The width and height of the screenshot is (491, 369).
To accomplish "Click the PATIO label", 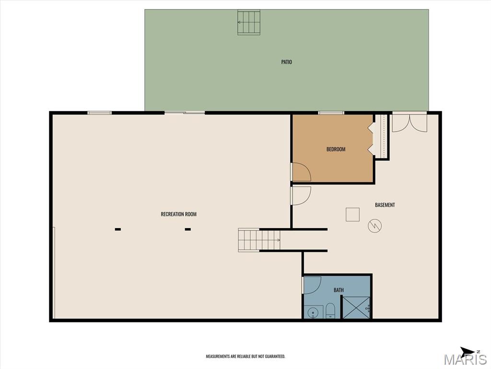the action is (287, 62).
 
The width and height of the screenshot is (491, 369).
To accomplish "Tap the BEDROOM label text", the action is (336, 149).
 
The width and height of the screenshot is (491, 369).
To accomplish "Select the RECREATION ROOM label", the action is (178, 214).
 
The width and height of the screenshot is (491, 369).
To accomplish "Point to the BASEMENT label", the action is (385, 205).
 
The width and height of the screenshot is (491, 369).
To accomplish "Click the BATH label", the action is (339, 290).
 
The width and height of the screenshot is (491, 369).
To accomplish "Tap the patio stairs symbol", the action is (249, 22).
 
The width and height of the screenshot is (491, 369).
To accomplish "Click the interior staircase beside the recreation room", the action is (259, 240).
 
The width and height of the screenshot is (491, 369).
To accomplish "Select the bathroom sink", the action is (313, 312).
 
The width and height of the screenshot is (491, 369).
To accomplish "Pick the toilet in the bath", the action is (330, 311).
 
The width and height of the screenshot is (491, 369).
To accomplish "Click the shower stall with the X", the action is (356, 307).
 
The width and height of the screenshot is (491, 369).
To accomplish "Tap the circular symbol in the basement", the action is (375, 226).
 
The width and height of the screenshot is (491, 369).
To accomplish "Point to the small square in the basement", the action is (352, 215).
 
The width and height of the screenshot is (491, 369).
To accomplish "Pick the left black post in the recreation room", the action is (118, 229).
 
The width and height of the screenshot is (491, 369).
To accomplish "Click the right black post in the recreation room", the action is (188, 229).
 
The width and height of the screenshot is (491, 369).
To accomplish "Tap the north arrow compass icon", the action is (469, 351).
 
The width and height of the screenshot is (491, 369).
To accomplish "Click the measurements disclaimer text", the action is (245, 357).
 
